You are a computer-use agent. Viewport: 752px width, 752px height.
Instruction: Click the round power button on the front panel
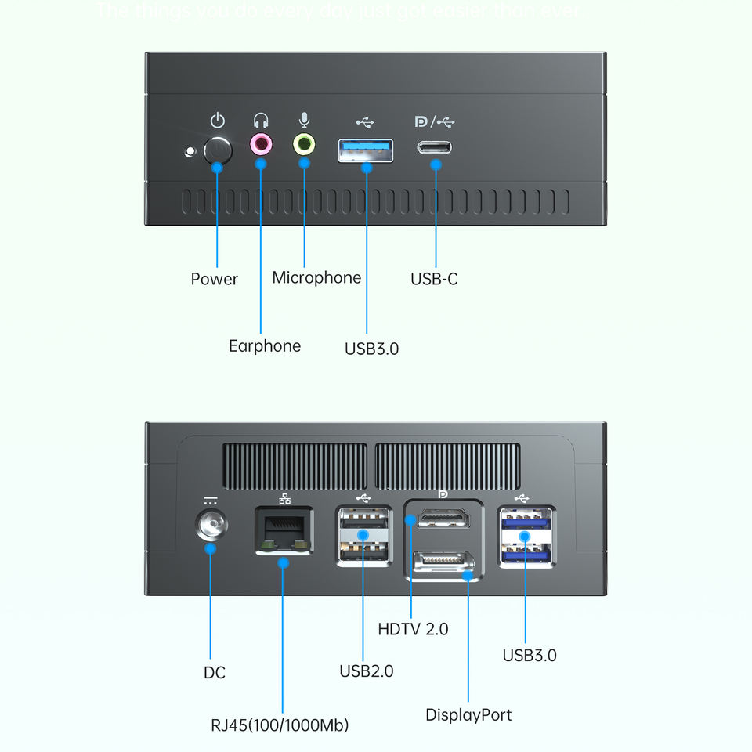click(x=217, y=150)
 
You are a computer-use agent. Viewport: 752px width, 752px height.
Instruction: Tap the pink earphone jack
click(x=261, y=144)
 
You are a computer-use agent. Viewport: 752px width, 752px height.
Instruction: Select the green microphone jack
click(x=304, y=144)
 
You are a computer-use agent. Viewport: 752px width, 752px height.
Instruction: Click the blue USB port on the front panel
click(x=366, y=150)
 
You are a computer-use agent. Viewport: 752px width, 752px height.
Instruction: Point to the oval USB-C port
click(x=436, y=148)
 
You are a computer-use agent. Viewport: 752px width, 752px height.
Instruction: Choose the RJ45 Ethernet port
click(x=284, y=530)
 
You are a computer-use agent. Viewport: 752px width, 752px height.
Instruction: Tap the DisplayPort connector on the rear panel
click(x=443, y=563)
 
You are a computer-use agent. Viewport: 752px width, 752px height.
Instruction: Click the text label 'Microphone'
click(x=316, y=278)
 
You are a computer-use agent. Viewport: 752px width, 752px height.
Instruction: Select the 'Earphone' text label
click(x=265, y=345)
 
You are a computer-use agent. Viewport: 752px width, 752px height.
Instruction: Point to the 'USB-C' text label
click(x=434, y=279)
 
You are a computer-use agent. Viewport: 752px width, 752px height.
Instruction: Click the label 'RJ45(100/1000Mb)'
click(x=280, y=725)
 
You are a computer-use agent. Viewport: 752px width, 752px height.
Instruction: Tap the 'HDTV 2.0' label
click(x=413, y=628)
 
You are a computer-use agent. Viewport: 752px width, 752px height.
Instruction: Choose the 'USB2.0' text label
click(x=366, y=671)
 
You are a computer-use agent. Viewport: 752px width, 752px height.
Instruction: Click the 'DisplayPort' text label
click(x=468, y=714)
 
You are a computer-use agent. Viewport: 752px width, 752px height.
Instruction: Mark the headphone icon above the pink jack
click(x=261, y=121)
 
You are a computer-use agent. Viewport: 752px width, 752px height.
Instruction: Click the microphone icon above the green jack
click(x=304, y=120)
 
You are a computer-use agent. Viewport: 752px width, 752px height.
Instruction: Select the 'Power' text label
click(x=214, y=279)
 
